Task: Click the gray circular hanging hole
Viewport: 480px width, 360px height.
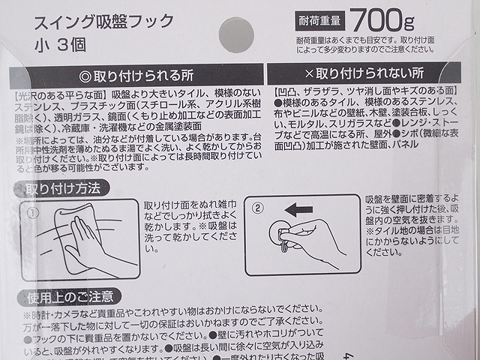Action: tap(235, 34)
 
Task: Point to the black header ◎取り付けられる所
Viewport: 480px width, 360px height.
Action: tap(136, 76)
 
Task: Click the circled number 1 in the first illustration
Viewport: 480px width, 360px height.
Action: tap(33, 212)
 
